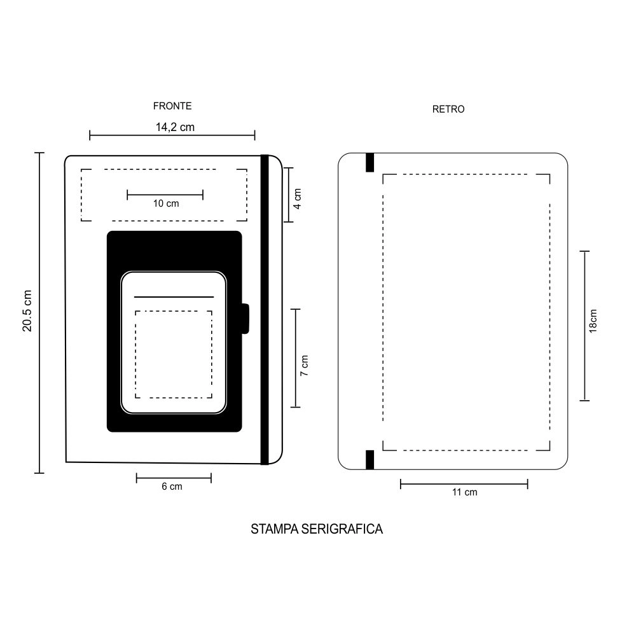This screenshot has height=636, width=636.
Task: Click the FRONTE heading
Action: pos(172,106)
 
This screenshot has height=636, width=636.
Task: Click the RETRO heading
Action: pos(448,109)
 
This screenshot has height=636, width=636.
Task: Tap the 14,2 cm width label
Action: pos(176,127)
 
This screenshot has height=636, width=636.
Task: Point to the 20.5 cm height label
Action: pos(27,311)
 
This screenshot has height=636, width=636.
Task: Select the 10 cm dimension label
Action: pos(166,204)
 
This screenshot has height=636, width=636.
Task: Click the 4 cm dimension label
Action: pos(298,198)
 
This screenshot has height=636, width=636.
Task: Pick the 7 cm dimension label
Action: pos(305,366)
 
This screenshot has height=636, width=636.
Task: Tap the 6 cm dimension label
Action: pos(172,487)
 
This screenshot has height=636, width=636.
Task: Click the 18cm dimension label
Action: pos(593,321)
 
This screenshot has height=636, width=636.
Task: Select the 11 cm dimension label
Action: pos(465,492)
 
